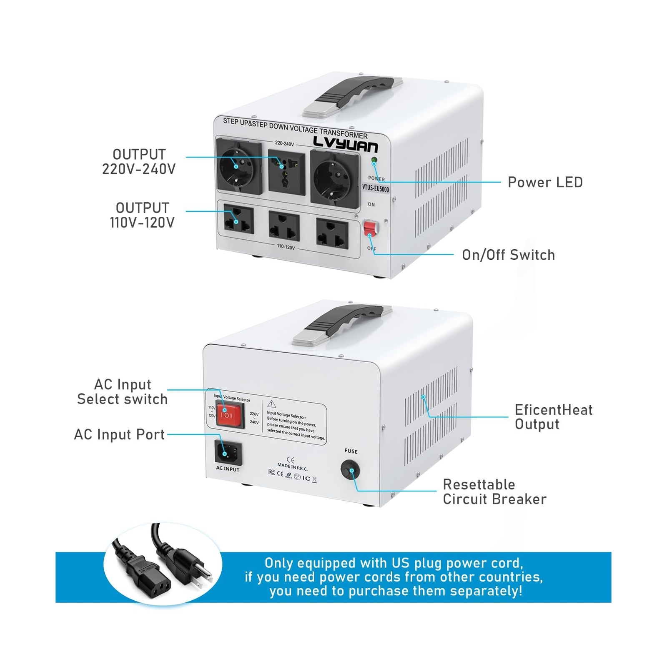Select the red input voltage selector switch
click(x=229, y=415)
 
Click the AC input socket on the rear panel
click(x=228, y=452)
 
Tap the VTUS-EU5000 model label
click(x=375, y=188)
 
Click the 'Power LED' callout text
click(x=545, y=182)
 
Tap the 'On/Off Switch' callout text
click(x=508, y=255)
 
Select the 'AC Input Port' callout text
click(x=119, y=434)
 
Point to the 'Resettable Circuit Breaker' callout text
click(x=494, y=491)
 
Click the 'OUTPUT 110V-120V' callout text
click(x=142, y=215)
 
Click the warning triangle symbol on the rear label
click(x=272, y=404)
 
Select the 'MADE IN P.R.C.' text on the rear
click(x=292, y=467)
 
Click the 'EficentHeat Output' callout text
click(x=553, y=417)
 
